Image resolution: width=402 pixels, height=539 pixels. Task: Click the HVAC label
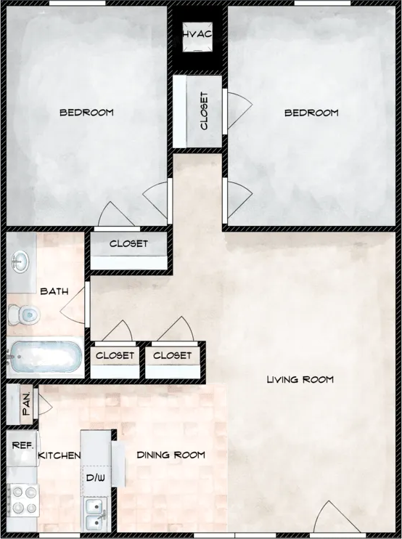point(197,33)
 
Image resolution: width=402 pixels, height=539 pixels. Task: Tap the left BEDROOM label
point(86,113)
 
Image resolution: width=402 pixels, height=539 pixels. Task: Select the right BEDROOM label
point(311,113)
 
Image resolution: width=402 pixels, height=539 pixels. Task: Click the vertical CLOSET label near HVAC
point(204,111)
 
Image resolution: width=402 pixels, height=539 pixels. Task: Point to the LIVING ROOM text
point(300,379)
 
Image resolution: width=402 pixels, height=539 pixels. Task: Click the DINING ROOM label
point(171,455)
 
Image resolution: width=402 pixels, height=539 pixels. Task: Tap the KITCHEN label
point(59,455)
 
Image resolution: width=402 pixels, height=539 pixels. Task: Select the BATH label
point(54,291)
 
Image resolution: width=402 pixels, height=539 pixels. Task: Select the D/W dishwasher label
point(95,478)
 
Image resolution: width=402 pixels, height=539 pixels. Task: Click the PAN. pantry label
point(28,405)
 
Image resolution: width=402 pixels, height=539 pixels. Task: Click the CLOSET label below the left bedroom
point(128,243)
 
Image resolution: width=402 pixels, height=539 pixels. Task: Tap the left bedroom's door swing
point(116,214)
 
